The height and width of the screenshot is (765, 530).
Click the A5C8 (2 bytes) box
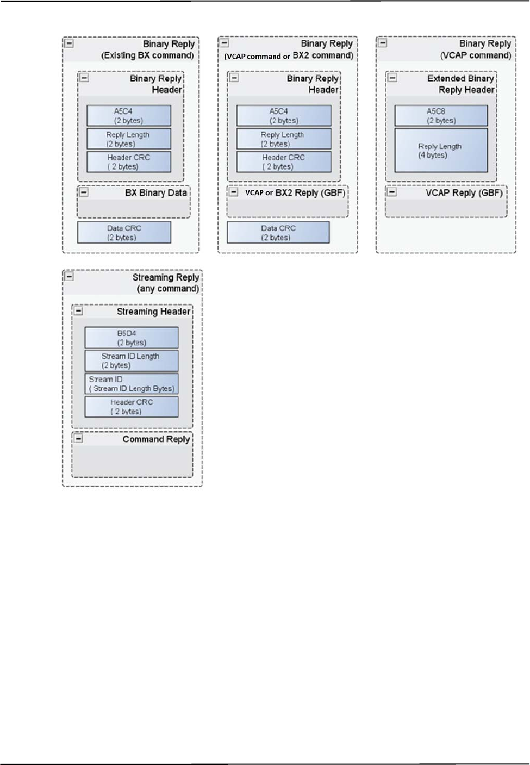tap(441, 116)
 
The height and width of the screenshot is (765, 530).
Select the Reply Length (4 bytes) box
tap(441, 151)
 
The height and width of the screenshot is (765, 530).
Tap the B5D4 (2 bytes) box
tap(131, 338)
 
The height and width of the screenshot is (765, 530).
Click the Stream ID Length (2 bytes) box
tap(131, 360)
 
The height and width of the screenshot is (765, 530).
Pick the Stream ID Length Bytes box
tap(131, 384)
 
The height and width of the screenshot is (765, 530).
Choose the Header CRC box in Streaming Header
tap(131, 407)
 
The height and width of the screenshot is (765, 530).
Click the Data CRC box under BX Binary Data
tap(124, 233)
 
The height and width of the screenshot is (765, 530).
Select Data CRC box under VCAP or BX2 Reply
tap(278, 233)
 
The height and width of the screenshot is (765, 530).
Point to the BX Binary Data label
tap(155, 193)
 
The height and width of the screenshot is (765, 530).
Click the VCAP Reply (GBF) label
tap(464, 193)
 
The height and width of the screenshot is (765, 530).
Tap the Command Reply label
tap(156, 439)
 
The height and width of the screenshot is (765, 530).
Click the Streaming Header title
tap(153, 312)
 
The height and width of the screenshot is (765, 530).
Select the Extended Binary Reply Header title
tap(460, 84)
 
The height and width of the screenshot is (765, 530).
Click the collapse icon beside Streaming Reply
tap(70, 276)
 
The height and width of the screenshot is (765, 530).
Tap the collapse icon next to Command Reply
tap(79, 438)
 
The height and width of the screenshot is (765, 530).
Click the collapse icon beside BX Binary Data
tap(84, 192)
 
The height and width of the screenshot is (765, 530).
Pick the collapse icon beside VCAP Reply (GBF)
tap(392, 192)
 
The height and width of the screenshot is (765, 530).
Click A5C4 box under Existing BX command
tap(128, 116)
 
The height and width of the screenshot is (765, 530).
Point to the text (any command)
tap(167, 289)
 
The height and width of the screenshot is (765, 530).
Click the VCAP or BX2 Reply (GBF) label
tap(295, 193)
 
